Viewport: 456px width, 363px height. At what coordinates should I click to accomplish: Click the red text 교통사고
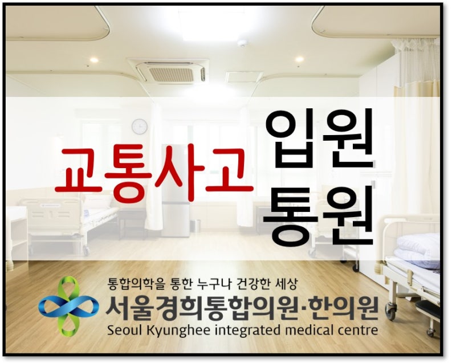pos(154,175)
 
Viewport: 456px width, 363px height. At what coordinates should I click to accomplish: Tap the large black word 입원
pos(319,139)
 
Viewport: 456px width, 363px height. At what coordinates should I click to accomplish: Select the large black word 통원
pos(319,215)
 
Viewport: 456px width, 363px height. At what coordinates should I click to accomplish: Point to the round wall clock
pos(140,127)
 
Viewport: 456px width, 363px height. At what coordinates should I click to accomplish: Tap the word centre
pos(357,331)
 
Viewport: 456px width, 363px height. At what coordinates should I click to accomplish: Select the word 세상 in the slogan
pos(286,284)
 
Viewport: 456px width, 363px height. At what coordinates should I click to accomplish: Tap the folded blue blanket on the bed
pos(419,250)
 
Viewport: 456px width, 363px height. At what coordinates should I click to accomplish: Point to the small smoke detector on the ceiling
pos(242,44)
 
